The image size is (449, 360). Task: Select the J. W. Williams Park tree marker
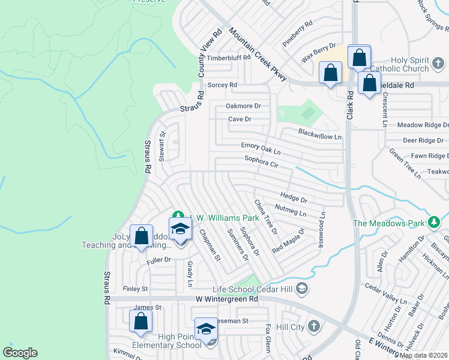click(x=178, y=215)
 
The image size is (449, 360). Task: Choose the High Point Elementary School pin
click(x=206, y=328)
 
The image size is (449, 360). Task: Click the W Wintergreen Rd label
click(x=226, y=298)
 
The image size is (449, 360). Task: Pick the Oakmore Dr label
click(x=243, y=106)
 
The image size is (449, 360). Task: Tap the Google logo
click(x=20, y=353)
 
